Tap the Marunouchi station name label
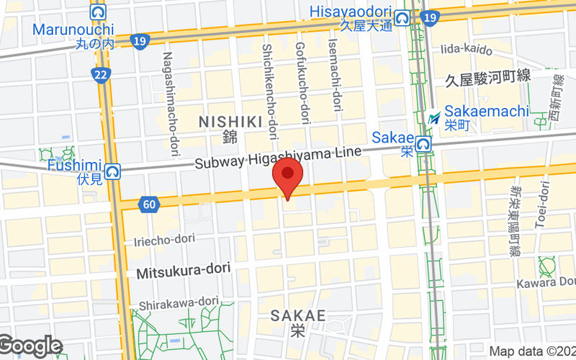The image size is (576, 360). pos(73,30)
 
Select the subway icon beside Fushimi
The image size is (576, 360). pos(112,171)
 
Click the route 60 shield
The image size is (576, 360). pos(149,205)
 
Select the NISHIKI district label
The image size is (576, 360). pos(229,122)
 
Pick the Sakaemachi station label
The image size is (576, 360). pos(487,112)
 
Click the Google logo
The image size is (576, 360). pos(30,346)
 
